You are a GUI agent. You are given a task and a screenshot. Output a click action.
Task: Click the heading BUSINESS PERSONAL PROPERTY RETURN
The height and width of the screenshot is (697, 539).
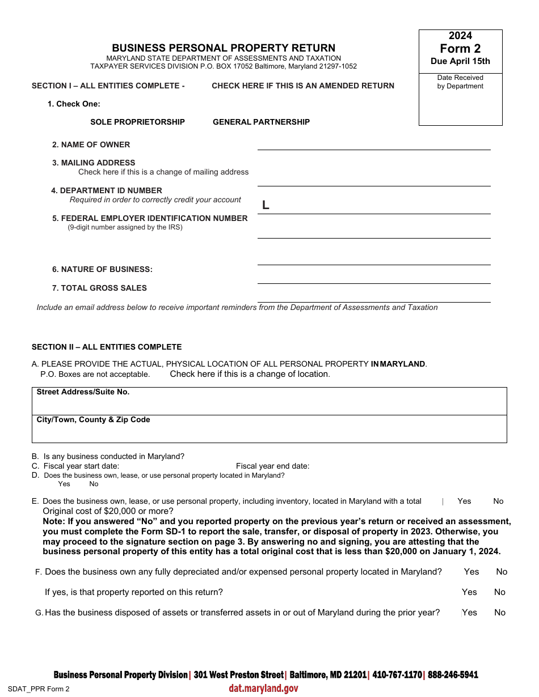click(224, 48)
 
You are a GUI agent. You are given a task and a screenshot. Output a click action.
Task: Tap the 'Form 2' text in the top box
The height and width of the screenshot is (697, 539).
click(460, 49)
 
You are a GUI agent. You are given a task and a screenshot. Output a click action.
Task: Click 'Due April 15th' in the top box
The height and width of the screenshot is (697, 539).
click(460, 61)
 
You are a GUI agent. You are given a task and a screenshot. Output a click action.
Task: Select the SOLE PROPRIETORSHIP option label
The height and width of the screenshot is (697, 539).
click(137, 122)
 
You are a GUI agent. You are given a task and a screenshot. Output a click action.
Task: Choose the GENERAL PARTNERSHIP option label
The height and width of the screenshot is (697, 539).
click(261, 122)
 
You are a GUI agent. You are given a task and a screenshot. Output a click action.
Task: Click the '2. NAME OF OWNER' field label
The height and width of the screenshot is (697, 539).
click(91, 144)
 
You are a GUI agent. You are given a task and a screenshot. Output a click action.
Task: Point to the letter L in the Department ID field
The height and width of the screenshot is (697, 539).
click(266, 206)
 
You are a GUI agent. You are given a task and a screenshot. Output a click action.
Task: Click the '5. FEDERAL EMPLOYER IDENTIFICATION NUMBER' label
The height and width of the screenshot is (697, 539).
click(150, 218)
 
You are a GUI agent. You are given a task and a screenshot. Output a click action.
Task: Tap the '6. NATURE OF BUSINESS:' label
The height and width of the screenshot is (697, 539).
click(102, 269)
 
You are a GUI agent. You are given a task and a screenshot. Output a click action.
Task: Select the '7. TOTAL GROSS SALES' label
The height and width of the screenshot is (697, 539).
click(99, 288)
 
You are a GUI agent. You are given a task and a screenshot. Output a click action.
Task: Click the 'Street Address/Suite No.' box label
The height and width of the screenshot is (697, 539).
click(83, 392)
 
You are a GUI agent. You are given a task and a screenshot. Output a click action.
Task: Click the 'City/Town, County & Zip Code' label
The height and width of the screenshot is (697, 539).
click(93, 419)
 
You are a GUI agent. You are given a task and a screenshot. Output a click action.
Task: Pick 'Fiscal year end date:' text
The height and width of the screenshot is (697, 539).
click(272, 466)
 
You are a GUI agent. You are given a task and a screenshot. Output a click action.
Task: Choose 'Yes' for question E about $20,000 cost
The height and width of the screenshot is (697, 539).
click(464, 501)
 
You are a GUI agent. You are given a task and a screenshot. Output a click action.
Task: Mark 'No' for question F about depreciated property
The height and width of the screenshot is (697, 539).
click(502, 571)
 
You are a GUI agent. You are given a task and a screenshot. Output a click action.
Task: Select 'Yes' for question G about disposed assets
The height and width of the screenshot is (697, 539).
click(469, 612)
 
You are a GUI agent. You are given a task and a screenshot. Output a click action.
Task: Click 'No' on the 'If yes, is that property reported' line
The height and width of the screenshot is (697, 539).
click(499, 592)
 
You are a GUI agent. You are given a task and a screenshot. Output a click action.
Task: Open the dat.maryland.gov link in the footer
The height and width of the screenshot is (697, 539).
click(263, 688)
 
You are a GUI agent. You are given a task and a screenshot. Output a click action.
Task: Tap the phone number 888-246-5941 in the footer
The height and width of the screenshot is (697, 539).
click(453, 674)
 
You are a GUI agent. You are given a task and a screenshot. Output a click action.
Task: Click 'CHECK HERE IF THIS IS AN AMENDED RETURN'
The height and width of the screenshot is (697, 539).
click(303, 86)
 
